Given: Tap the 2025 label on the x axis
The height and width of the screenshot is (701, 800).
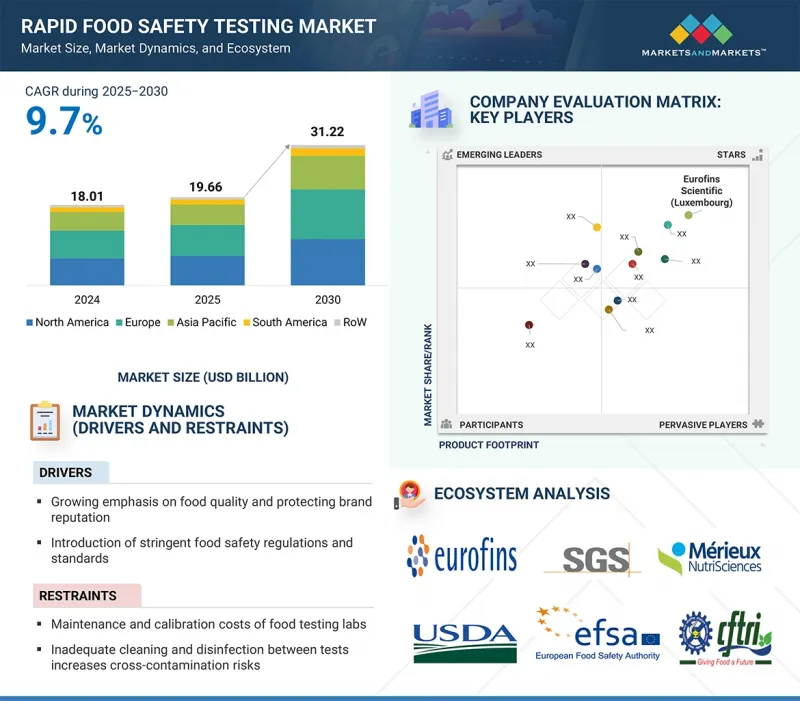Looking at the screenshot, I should click(207, 299).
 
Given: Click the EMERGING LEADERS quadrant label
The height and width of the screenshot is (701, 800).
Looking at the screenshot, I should click(499, 155).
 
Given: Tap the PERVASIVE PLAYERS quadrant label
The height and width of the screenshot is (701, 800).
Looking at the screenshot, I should click(703, 425).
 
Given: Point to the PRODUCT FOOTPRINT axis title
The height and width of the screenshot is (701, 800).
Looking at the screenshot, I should click(489, 445).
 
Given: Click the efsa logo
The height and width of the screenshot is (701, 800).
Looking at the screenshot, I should click(598, 633).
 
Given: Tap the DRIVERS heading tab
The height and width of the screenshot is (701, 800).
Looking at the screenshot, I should click(66, 472).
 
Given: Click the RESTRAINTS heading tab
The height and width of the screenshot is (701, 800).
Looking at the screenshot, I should click(79, 596).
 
